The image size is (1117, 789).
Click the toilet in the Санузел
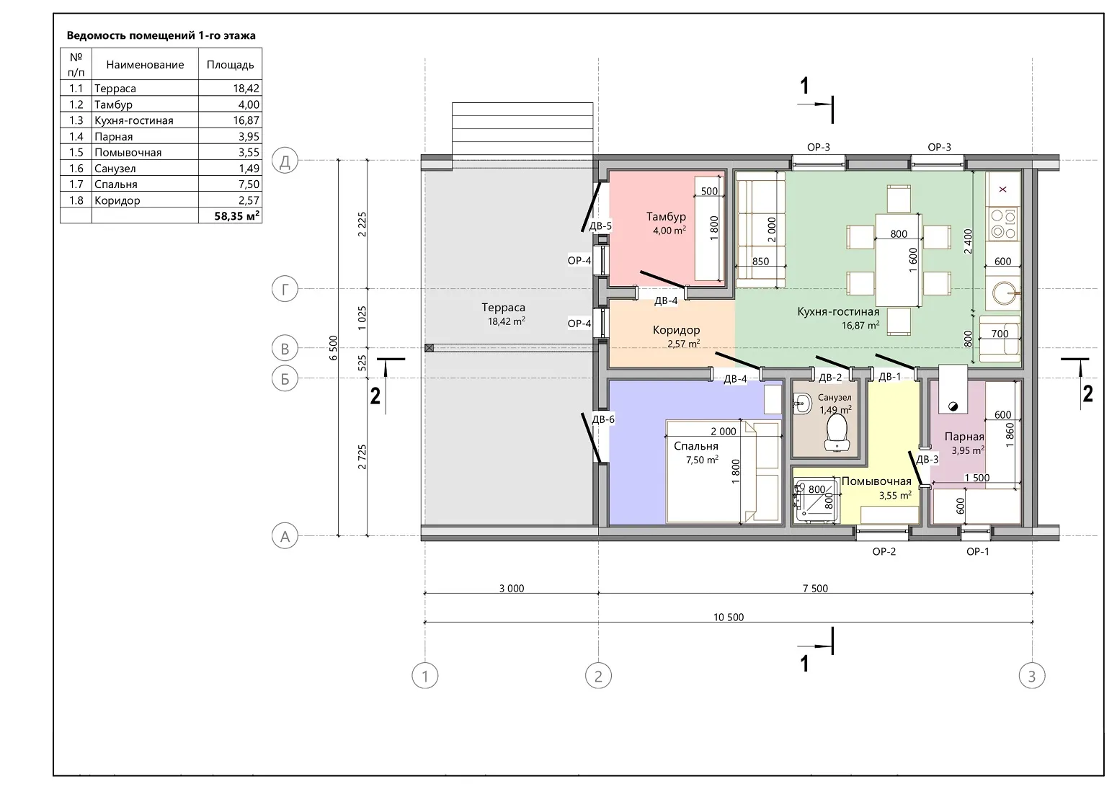(837, 432)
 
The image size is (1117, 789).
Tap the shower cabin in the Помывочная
(816, 500)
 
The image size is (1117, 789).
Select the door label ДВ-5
(600, 226)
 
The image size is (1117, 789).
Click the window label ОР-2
(884, 552)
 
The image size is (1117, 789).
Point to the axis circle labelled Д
(285, 161)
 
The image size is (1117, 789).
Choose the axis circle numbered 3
(1032, 676)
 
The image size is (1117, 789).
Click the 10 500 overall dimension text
(729, 617)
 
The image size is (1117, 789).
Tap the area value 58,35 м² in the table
(237, 216)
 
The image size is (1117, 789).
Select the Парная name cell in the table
(114, 137)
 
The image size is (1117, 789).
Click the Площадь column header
(231, 64)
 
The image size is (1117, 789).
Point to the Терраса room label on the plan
(504, 308)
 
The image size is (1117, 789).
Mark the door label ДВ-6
(603, 419)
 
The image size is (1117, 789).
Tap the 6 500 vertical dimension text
(333, 347)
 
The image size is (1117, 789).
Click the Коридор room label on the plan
(676, 330)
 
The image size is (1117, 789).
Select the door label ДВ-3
(927, 459)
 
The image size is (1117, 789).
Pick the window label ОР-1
(977, 552)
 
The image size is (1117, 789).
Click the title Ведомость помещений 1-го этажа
(161, 35)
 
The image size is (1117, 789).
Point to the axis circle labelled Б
(285, 378)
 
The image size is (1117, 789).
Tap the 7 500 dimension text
(815, 589)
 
